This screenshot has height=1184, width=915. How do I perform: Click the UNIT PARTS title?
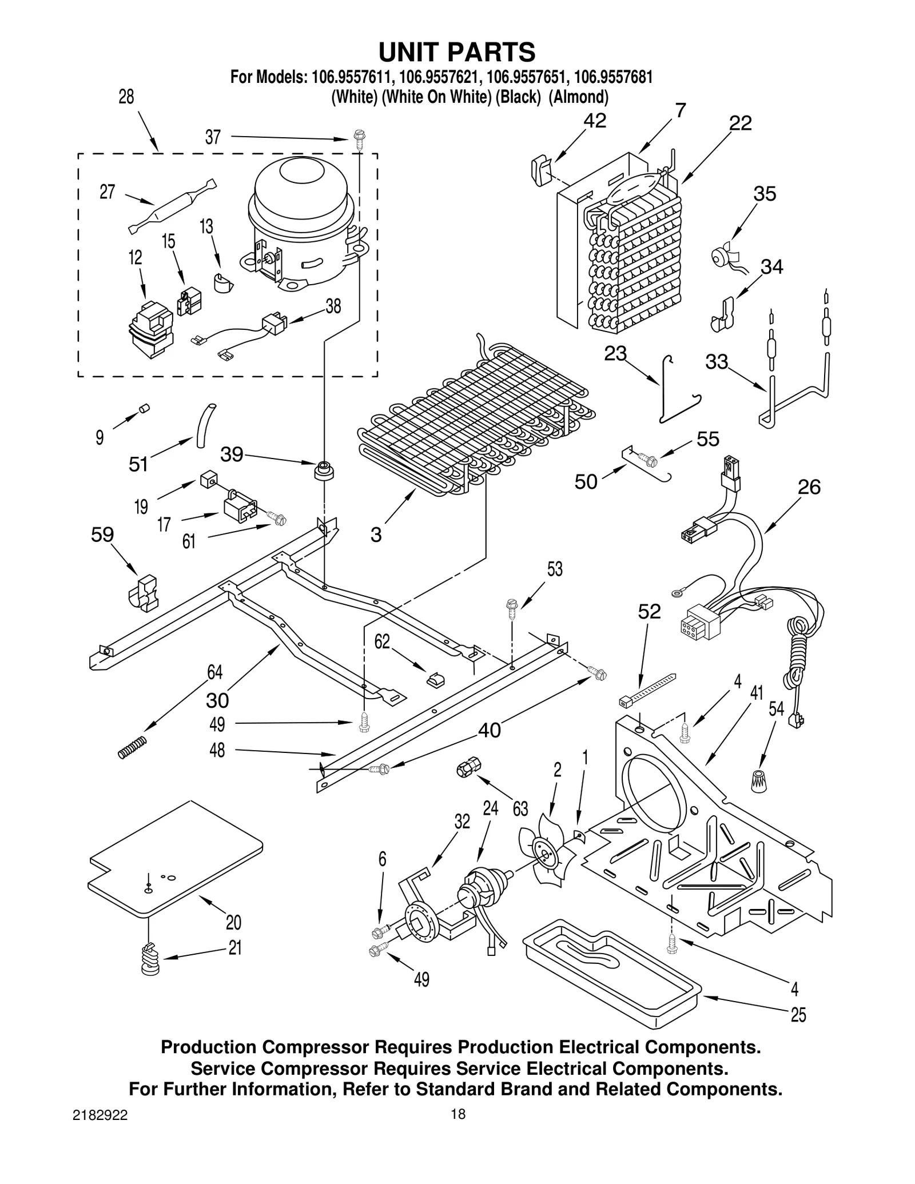coord(457,52)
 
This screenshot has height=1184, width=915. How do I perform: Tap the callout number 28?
coord(126,97)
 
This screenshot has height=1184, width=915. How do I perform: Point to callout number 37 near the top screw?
coord(213,138)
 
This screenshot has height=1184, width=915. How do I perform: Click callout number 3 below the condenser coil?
coord(376,535)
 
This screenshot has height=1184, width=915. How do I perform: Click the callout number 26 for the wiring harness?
coord(809,487)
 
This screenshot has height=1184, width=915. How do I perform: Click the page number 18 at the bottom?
coord(458,1130)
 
